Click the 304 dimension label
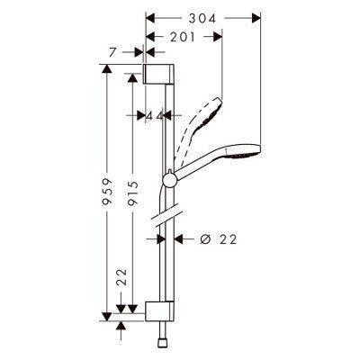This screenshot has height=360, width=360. (202, 16)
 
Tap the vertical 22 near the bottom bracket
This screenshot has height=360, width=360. (121, 282)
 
